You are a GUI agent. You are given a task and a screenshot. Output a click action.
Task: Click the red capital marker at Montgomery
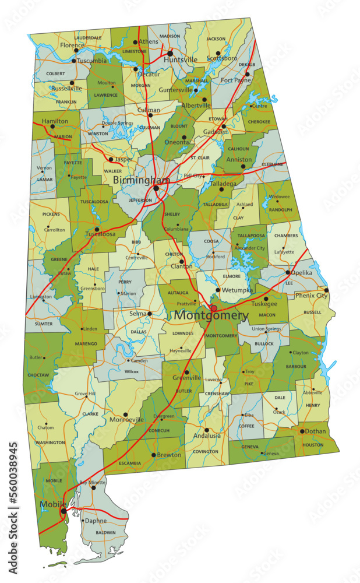[x=214, y=308]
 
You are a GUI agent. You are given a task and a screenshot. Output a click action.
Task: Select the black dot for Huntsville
[x=170, y=53]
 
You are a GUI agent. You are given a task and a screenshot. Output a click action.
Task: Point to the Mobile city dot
[x=63, y=511]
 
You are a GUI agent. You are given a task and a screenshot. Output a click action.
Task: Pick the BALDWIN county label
[x=105, y=532]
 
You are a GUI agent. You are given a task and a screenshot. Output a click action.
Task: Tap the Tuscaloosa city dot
[x=97, y=229]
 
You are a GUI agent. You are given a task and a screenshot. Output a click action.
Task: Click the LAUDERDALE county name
[x=88, y=38]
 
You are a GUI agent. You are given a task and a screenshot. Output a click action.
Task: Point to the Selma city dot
[x=150, y=314]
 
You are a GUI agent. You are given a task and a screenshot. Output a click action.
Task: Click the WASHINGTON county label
[x=50, y=442]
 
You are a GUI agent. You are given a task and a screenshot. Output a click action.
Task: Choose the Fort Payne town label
[x=235, y=80]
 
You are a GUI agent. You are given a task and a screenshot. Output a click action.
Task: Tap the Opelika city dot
[x=288, y=272]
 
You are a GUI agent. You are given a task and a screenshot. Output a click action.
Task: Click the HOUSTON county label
[x=313, y=445]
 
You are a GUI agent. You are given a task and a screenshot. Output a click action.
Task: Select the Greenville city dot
[x=186, y=372]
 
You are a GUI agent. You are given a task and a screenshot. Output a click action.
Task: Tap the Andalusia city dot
[x=206, y=430]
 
